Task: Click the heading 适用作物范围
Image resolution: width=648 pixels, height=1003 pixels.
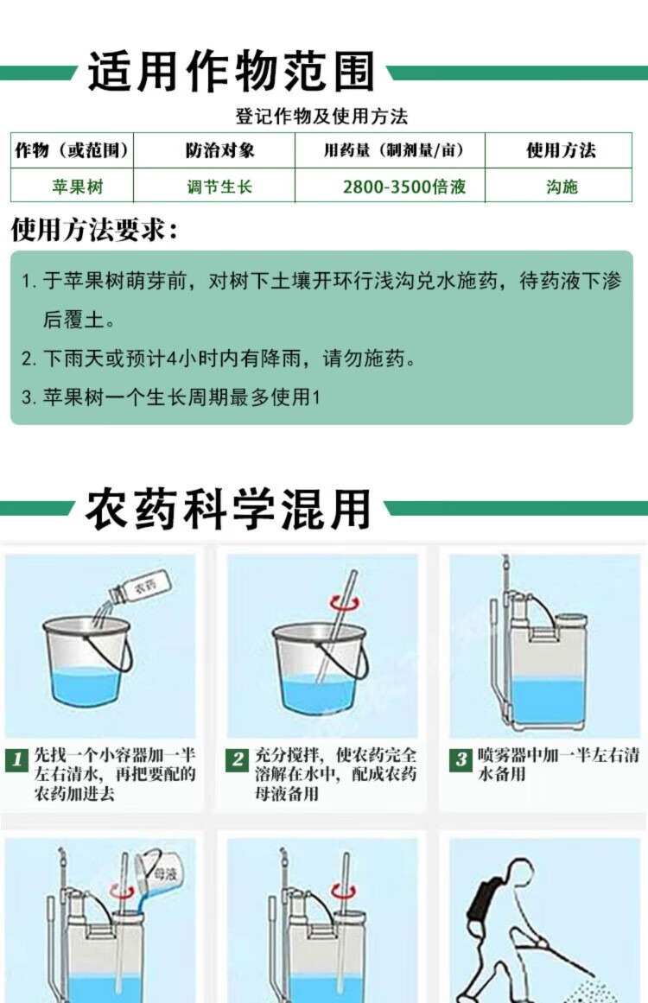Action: point(231,71)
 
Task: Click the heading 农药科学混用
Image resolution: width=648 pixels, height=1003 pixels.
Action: point(228,509)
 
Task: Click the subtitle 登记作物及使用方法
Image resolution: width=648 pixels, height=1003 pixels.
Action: point(321,117)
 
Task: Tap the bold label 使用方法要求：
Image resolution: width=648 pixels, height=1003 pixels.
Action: point(94,229)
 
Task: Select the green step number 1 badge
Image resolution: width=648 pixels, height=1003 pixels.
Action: point(16,759)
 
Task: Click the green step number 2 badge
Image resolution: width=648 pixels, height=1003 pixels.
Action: point(238,759)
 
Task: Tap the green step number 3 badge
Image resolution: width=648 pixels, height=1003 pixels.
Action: point(461,759)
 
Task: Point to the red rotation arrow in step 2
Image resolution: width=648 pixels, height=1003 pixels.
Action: point(345,601)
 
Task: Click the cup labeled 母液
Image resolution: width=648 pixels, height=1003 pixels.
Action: point(156,873)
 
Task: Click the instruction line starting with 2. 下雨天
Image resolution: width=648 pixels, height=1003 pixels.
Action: point(218,359)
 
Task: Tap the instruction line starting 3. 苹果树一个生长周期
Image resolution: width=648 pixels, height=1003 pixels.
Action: point(170,397)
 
